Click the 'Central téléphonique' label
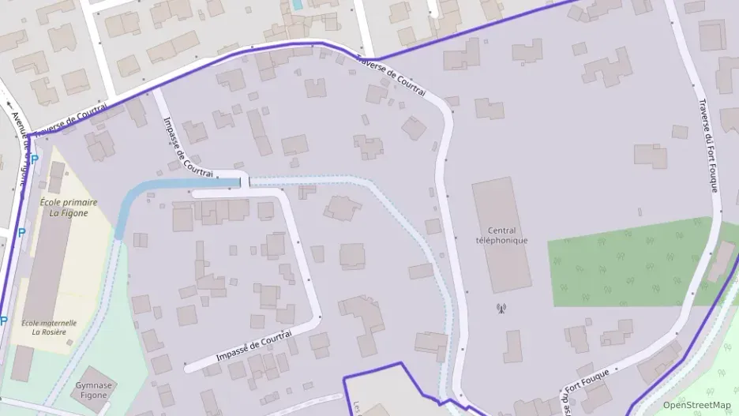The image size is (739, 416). click(x=501, y=235)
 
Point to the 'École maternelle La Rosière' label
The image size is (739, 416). click(x=48, y=327)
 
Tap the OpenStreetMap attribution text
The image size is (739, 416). click(x=696, y=405)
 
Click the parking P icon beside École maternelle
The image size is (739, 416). click(x=4, y=321)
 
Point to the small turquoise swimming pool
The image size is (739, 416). click(x=297, y=5)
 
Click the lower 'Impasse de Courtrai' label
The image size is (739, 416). click(x=254, y=347)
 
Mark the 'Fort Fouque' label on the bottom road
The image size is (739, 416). click(x=586, y=385)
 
